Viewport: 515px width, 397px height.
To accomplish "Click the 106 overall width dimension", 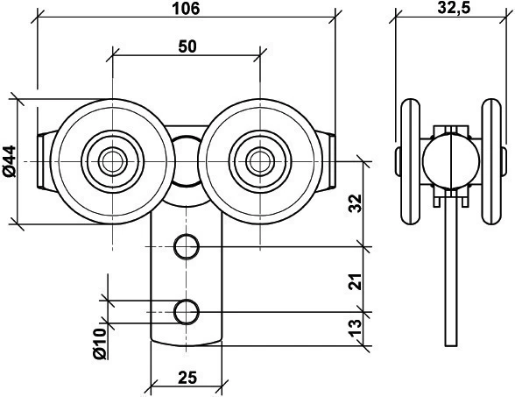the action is tap(186, 8).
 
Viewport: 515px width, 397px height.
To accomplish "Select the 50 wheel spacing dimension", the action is tap(187, 46).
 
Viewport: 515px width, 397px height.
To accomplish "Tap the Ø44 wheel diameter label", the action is tap(9, 161).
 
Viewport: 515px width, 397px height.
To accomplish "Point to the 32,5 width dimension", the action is tap(454, 8).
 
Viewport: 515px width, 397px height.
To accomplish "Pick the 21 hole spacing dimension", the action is tap(355, 281).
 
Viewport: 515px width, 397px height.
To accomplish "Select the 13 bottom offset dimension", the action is tap(355, 328).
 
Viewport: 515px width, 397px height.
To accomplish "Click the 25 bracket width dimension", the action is tap(187, 378).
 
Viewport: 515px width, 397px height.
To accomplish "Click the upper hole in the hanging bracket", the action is tap(187, 246).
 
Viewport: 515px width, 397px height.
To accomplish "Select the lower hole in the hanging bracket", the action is tap(187, 312).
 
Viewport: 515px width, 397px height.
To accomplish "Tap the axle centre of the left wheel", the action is tap(112, 161).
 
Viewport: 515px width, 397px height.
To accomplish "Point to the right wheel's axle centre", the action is tap(260, 161).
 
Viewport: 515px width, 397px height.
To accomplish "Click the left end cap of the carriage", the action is tap(45, 161).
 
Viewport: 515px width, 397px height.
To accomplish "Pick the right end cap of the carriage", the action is tap(327, 161).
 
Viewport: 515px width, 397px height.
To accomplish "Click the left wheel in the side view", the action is tap(411, 161).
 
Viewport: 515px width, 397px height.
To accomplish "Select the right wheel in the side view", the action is tap(491, 161).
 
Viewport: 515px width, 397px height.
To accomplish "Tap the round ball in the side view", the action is tap(451, 161).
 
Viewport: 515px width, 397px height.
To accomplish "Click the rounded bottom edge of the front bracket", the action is tap(187, 344).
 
